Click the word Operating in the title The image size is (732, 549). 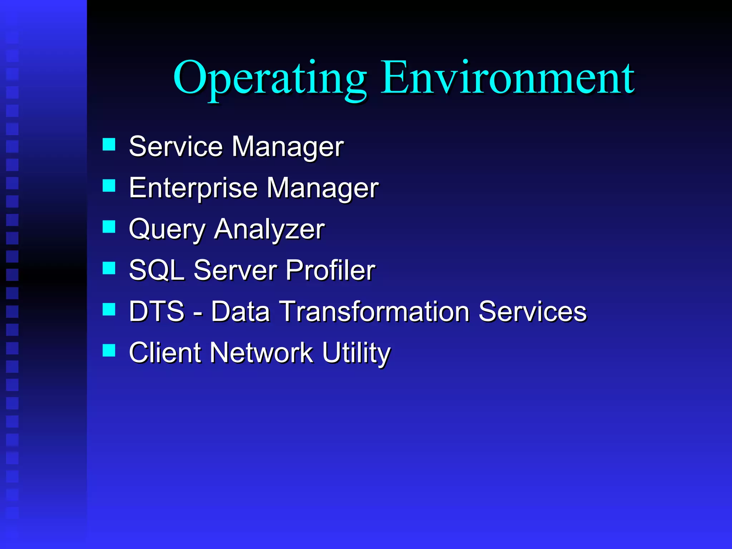(x=270, y=79)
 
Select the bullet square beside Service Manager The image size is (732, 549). (x=109, y=145)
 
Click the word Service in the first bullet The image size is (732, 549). (x=175, y=147)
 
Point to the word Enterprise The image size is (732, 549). (x=193, y=188)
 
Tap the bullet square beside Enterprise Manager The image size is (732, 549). (x=109, y=186)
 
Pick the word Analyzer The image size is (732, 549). (x=269, y=230)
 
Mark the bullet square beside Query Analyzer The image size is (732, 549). (x=109, y=227)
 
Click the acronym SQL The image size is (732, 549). (x=157, y=270)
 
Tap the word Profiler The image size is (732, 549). (x=330, y=270)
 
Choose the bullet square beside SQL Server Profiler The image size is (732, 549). (x=109, y=268)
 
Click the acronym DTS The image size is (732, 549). (x=157, y=311)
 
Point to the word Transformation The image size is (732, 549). (x=374, y=311)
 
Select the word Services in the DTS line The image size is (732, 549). (x=533, y=311)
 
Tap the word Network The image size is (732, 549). (x=261, y=353)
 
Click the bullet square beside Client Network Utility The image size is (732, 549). (x=109, y=350)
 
